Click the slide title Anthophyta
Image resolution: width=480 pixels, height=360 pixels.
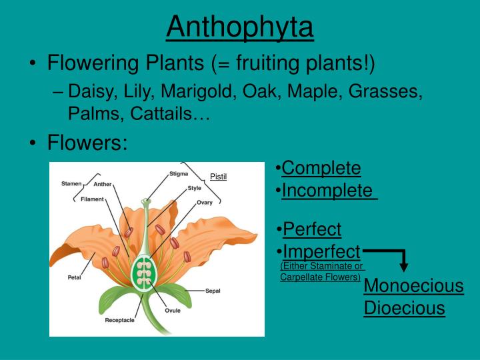(239, 27)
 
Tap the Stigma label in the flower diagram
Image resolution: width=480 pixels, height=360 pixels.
(178, 174)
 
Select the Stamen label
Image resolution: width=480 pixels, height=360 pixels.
(71, 183)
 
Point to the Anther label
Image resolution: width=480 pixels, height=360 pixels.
(103, 185)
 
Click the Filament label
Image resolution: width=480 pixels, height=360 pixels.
(93, 199)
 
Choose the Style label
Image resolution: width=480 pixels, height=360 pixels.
(194, 188)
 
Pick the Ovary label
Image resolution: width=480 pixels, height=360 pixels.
(205, 203)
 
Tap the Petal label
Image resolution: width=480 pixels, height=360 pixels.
(74, 277)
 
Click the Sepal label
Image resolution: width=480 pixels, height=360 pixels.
(213, 291)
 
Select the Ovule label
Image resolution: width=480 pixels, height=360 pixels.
(173, 310)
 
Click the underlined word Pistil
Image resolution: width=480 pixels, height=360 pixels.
(219, 177)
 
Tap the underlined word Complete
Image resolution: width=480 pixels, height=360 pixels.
(321, 168)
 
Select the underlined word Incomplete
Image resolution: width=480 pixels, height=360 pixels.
(327, 191)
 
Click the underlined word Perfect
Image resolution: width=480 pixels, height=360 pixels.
(312, 229)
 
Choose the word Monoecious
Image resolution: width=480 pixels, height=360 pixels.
(413, 286)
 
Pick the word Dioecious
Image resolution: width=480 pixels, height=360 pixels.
(404, 308)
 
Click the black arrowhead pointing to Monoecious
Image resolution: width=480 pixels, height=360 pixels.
(404, 267)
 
